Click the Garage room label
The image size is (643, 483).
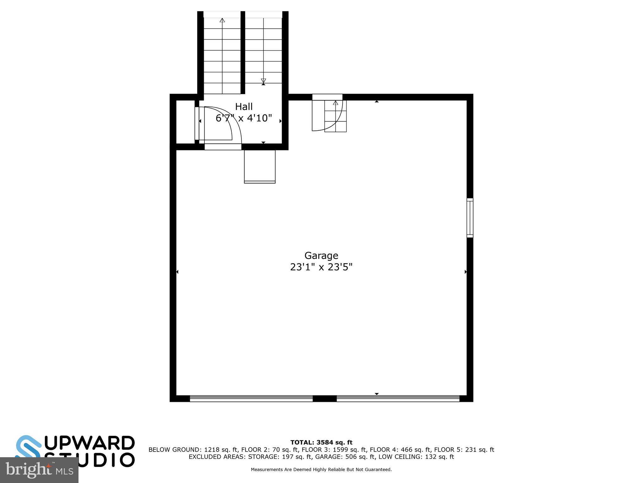tap(321, 255)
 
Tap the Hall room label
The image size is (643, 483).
tap(244, 107)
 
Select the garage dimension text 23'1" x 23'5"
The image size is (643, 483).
tap(321, 267)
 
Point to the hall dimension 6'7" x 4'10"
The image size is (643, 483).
tap(244, 118)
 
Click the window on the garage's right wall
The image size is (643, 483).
tap(470, 218)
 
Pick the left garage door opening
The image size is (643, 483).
tap(251, 398)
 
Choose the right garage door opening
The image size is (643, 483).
tap(398, 398)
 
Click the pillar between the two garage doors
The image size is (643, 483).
tap(325, 399)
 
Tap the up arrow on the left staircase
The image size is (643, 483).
tap(222, 21)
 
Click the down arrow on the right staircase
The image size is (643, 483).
tap(263, 81)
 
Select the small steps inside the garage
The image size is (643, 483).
tap(335, 116)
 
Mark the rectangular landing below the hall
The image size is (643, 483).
tap(260, 166)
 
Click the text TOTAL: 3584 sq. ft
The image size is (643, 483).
tap(321, 442)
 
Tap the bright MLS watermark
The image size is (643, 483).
tap(39, 470)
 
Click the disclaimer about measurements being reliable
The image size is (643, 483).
tap(321, 470)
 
